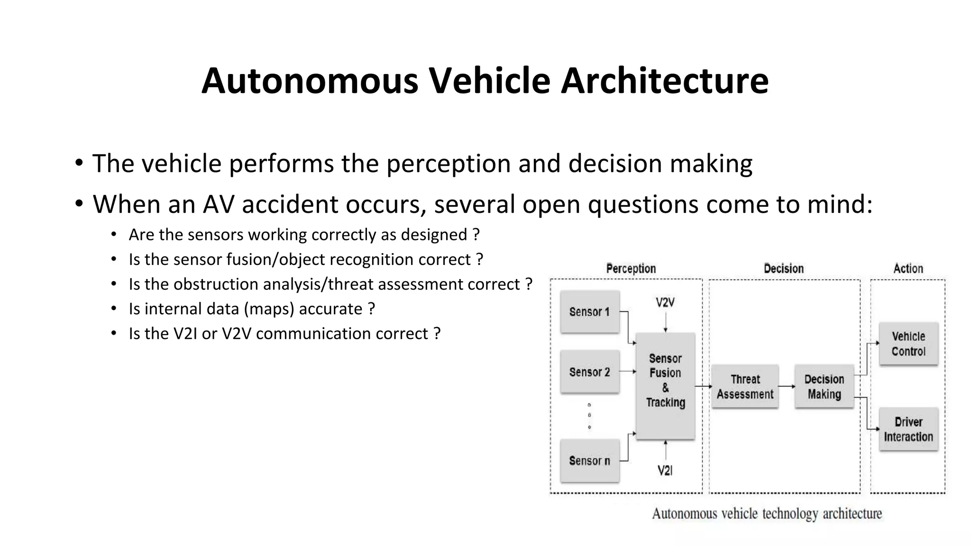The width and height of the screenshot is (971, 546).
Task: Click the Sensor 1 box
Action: (x=590, y=312)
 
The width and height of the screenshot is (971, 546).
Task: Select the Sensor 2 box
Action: (x=590, y=372)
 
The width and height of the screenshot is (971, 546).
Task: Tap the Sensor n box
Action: (x=590, y=461)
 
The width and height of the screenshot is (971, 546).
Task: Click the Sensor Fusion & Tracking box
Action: (x=665, y=386)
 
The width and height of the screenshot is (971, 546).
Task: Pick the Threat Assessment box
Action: (x=745, y=386)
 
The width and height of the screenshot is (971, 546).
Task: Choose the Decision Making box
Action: (x=824, y=386)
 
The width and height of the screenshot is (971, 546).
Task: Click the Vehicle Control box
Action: (x=908, y=344)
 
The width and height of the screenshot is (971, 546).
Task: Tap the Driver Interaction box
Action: (x=908, y=429)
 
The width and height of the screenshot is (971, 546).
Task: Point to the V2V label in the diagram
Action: (x=665, y=302)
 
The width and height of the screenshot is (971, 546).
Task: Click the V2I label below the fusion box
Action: (x=665, y=471)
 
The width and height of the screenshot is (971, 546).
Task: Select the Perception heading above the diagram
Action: (x=631, y=269)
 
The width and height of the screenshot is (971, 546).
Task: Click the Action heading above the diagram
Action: (x=908, y=269)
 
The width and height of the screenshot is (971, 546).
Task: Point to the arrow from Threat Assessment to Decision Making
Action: (x=787, y=386)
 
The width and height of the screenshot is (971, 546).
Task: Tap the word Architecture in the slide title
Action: (x=664, y=81)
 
